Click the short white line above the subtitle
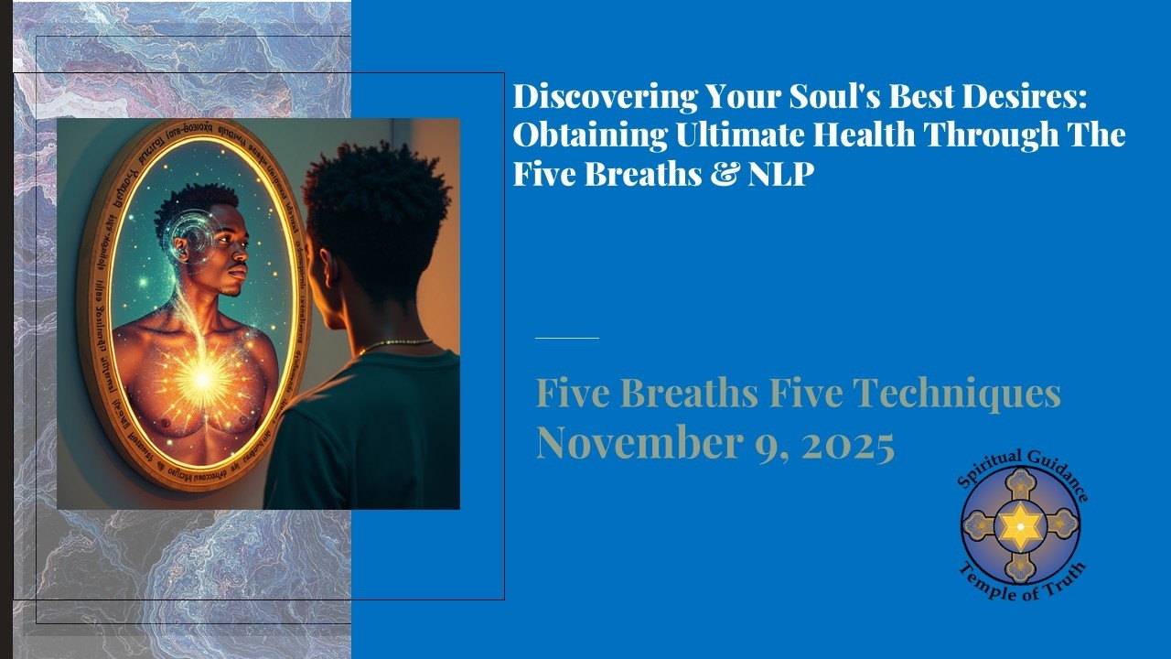coord(567,338)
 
